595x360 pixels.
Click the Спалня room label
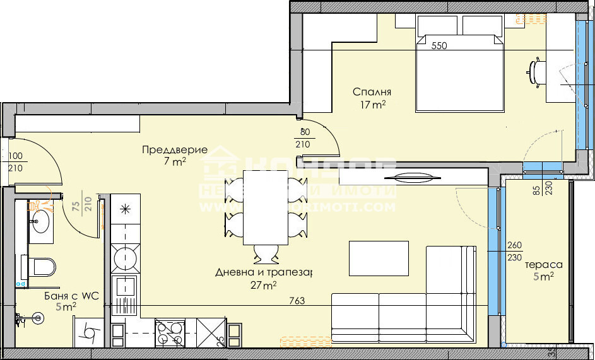click(372, 91)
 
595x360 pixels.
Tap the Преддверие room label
click(174, 150)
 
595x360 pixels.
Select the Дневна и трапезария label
click(264, 272)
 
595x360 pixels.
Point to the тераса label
click(543, 265)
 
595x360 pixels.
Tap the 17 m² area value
click(373, 105)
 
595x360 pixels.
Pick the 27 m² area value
click(264, 286)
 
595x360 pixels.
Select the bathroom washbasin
click(40, 222)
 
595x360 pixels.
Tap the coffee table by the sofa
click(379, 258)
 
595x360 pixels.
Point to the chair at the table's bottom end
click(266, 253)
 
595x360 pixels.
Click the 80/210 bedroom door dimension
click(304, 138)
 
